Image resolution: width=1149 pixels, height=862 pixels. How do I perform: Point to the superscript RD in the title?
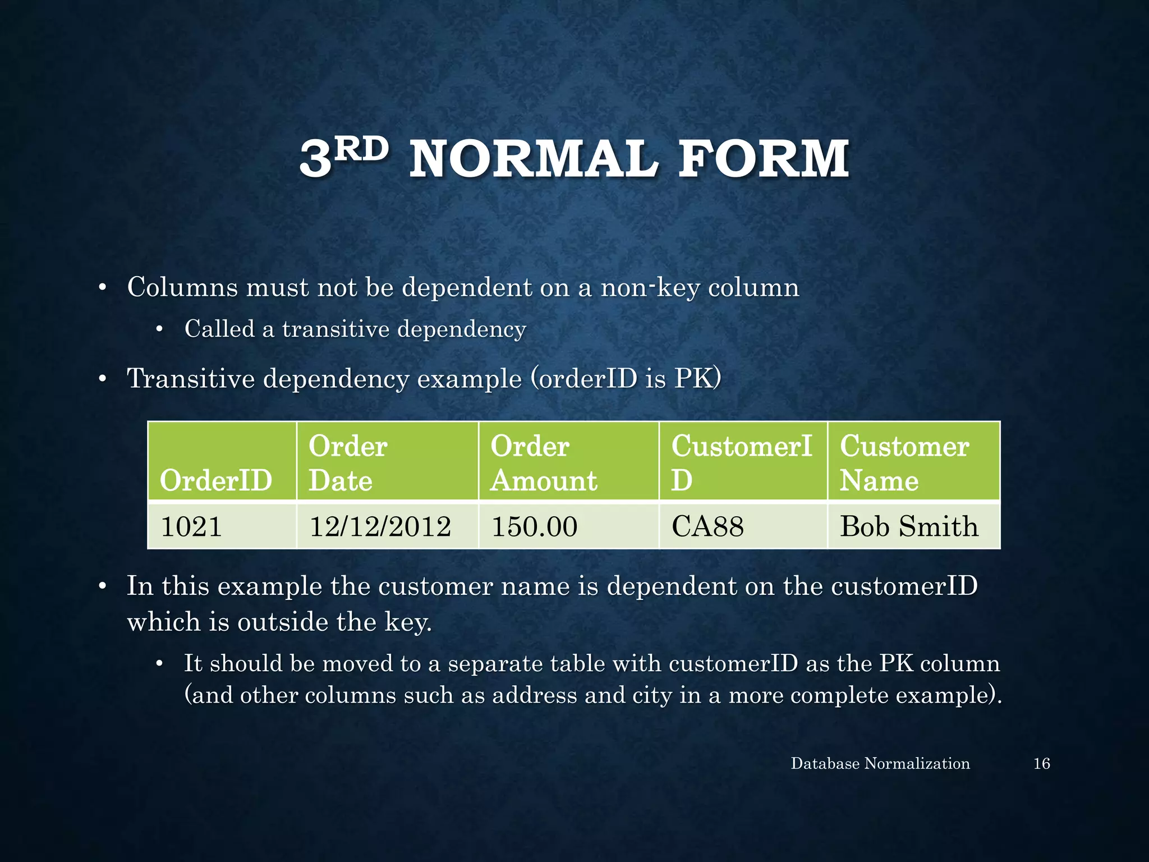coord(364,149)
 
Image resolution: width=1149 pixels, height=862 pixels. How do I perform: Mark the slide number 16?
coord(1041,763)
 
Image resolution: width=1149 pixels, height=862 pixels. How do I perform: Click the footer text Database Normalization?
coord(880,763)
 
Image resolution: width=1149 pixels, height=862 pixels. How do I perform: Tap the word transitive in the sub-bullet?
coord(335,329)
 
